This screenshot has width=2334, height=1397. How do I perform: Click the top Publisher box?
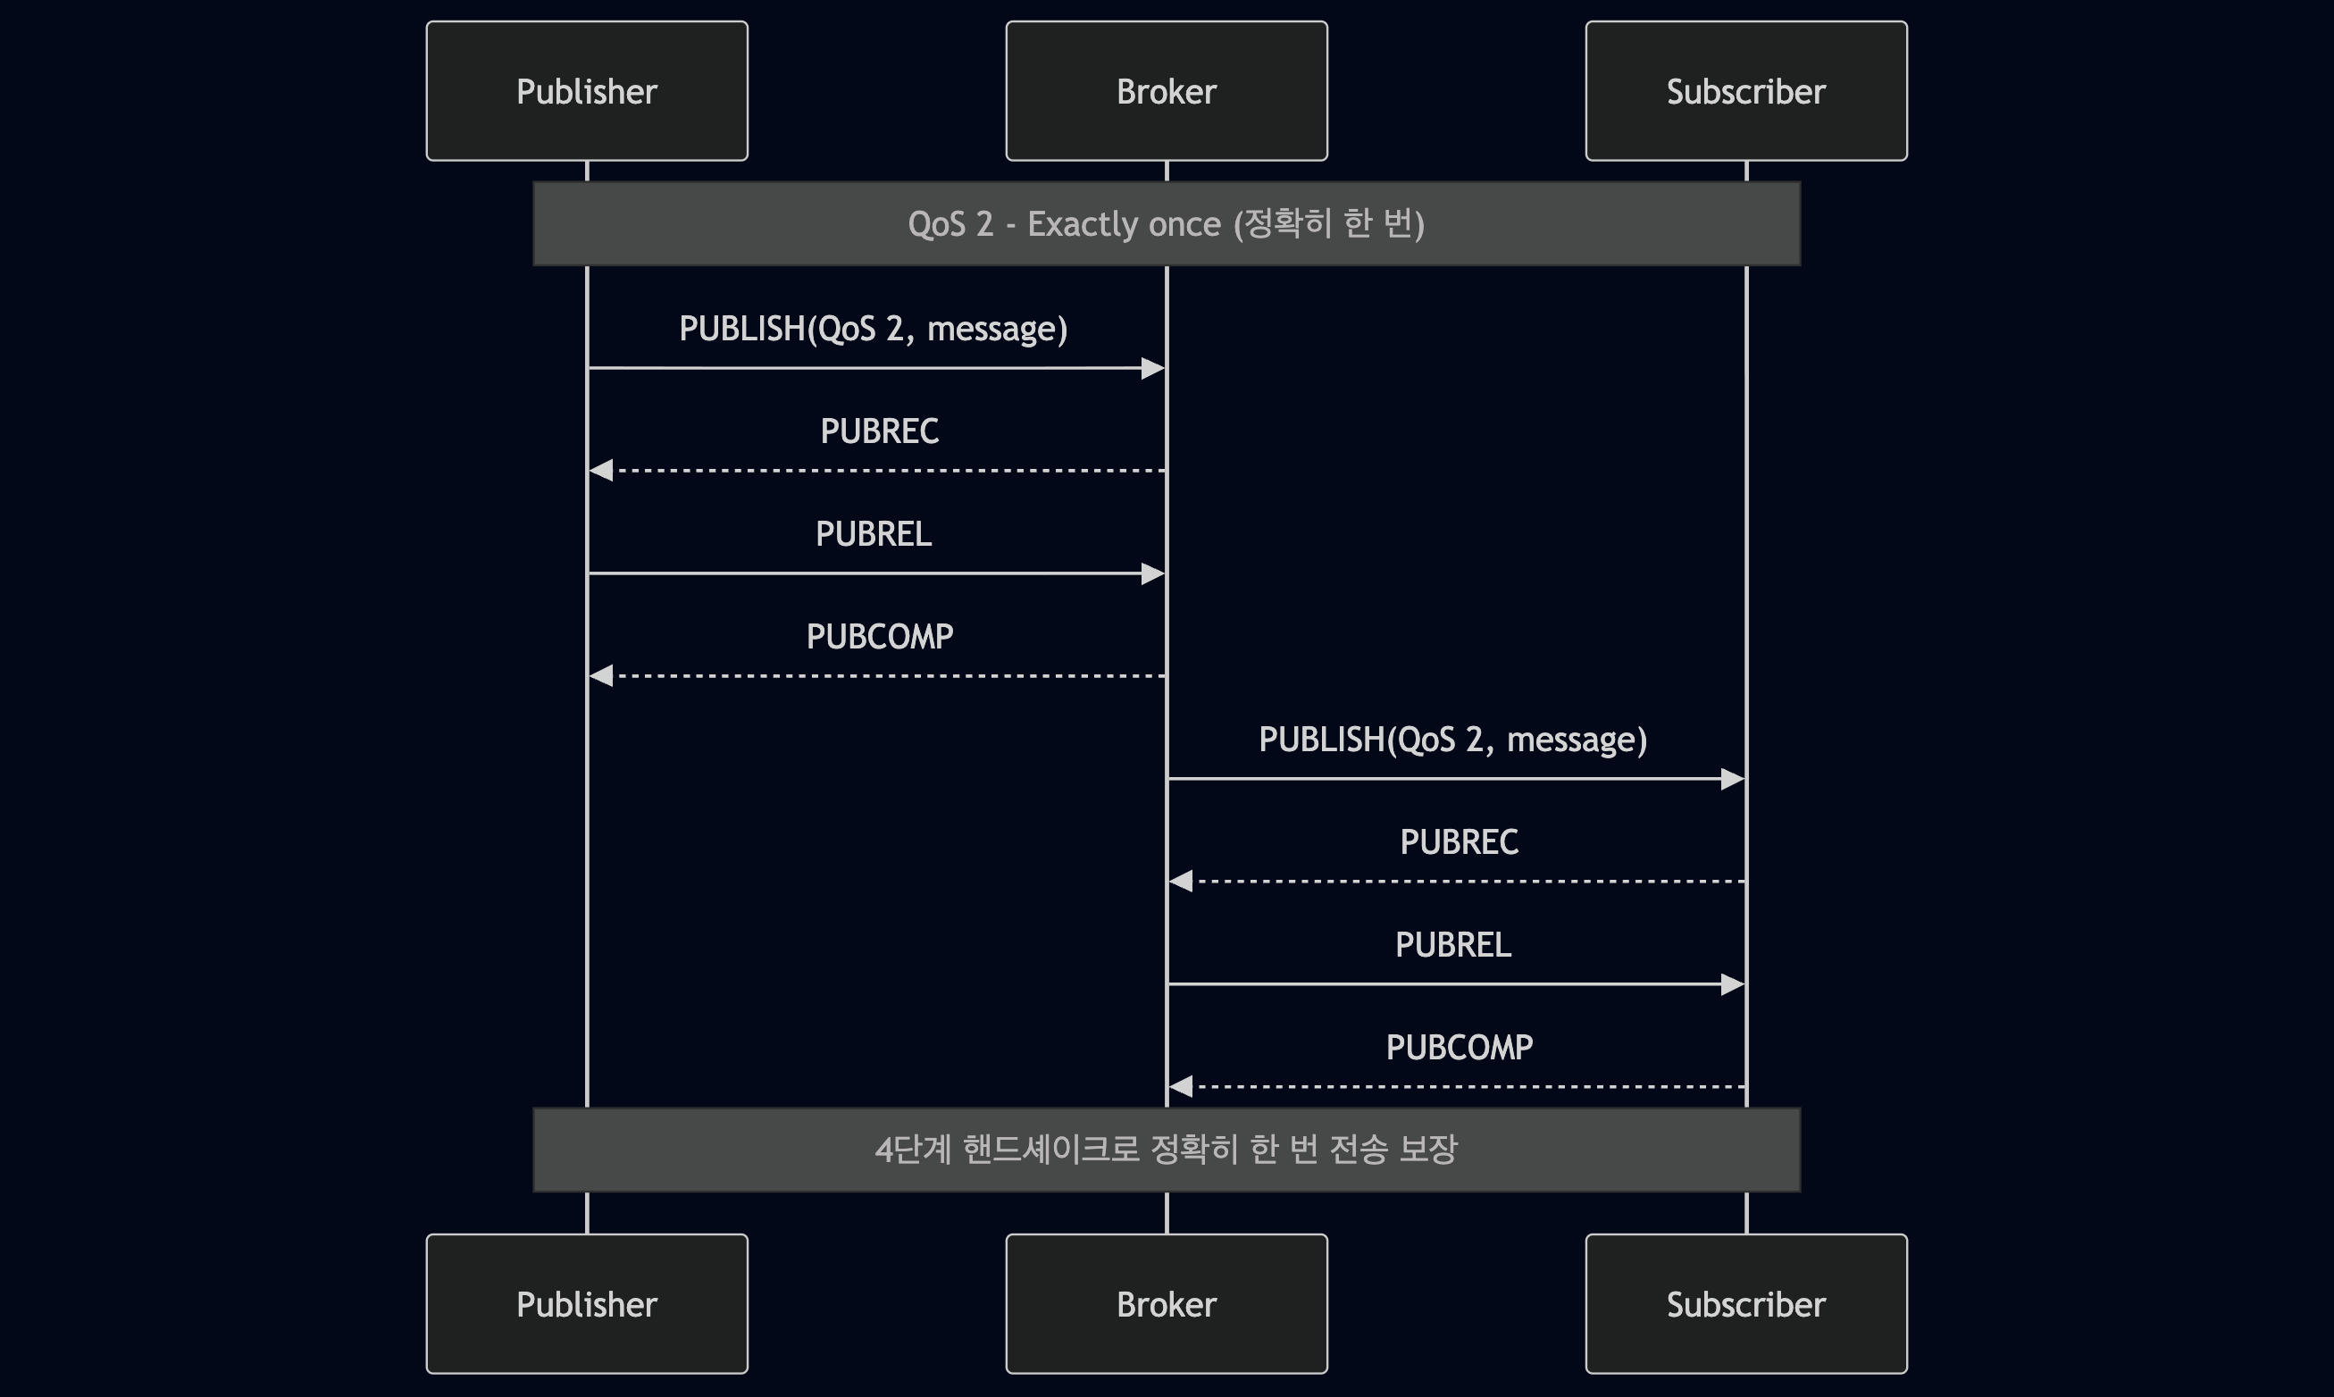pos(586,91)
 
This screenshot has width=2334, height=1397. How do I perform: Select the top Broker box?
pos(1166,91)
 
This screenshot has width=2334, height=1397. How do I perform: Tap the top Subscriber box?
pos(1745,91)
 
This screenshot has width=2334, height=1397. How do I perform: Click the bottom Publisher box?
pos(586,1304)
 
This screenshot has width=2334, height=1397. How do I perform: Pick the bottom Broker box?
pos(1166,1304)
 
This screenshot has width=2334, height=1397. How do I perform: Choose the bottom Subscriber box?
pos(1745,1304)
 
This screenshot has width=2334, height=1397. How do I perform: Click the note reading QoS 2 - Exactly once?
pos(1166,224)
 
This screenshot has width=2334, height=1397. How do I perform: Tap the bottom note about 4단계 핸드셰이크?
pos(1166,1150)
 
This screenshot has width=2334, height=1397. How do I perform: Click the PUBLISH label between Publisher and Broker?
pos(874,329)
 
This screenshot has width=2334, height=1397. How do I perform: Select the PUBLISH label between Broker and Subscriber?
pos(1453,739)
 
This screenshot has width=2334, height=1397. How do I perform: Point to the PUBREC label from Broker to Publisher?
pos(879,431)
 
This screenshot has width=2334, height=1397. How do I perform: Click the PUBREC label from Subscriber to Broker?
pos(1459,841)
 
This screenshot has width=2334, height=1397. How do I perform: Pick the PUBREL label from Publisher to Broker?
pos(874,534)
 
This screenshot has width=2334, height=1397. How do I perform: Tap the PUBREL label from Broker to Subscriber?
pos(1453,944)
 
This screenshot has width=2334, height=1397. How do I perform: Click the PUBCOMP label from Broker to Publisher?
pos(879,636)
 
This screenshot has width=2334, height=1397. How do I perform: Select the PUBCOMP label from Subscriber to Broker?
pos(1459,1047)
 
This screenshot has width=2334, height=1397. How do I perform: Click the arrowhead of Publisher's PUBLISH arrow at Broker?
pos(1153,368)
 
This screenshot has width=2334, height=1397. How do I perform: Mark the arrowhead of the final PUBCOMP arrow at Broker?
pos(1181,1086)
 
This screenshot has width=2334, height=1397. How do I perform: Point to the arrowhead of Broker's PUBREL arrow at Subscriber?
pos(1733,983)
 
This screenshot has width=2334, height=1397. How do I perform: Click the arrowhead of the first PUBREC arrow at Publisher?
pos(601,470)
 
